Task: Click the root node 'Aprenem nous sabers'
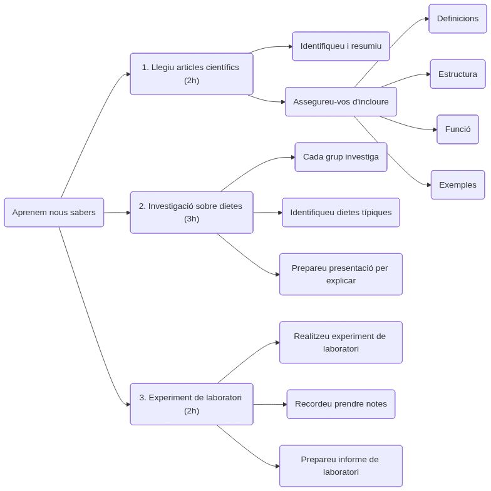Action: (54, 213)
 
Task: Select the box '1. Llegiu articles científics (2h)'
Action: (192, 74)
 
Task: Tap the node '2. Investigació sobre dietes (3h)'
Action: (192, 213)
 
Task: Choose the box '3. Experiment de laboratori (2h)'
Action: (192, 404)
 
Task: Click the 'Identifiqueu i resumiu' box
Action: (341, 46)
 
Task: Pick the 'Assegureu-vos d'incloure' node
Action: (341, 101)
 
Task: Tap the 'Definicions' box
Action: (457, 19)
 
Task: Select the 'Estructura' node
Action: (457, 74)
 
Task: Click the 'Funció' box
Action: (457, 129)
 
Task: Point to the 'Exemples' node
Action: (457, 185)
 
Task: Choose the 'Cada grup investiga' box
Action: (341, 157)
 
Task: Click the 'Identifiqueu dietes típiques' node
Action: (341, 213)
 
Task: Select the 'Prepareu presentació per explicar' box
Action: (341, 274)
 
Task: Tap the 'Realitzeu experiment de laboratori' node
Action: (341, 342)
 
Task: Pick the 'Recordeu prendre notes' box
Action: (341, 404)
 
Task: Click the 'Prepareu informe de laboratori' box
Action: (341, 466)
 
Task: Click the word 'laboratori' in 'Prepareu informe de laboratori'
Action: (341, 472)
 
